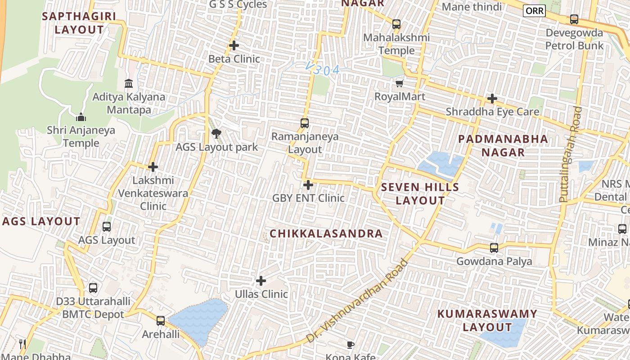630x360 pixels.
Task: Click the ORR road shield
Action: pos(534,11)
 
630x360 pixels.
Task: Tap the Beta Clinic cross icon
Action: pos(234,45)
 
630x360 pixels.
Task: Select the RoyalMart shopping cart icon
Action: pos(399,83)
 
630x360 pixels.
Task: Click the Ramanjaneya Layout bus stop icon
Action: pos(305,123)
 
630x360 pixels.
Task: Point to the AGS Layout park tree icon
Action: pos(216,134)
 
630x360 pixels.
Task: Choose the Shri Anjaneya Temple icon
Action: pos(81,117)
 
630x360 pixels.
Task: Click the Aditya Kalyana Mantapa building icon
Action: pos(129,84)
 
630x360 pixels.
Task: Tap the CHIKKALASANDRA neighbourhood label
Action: pos(326,234)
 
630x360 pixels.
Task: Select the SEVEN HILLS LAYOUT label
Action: pos(420,194)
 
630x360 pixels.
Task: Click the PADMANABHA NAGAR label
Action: pos(503,145)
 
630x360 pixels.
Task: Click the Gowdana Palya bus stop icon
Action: pos(494,247)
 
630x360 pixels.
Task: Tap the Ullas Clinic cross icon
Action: pos(261,281)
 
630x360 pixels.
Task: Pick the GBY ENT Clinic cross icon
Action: pos(308,184)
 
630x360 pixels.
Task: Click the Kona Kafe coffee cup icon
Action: pos(351,345)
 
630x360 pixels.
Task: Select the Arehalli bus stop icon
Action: pos(161,321)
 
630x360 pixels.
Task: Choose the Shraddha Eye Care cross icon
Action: pos(492,98)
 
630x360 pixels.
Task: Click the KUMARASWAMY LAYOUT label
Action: pos(487,320)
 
